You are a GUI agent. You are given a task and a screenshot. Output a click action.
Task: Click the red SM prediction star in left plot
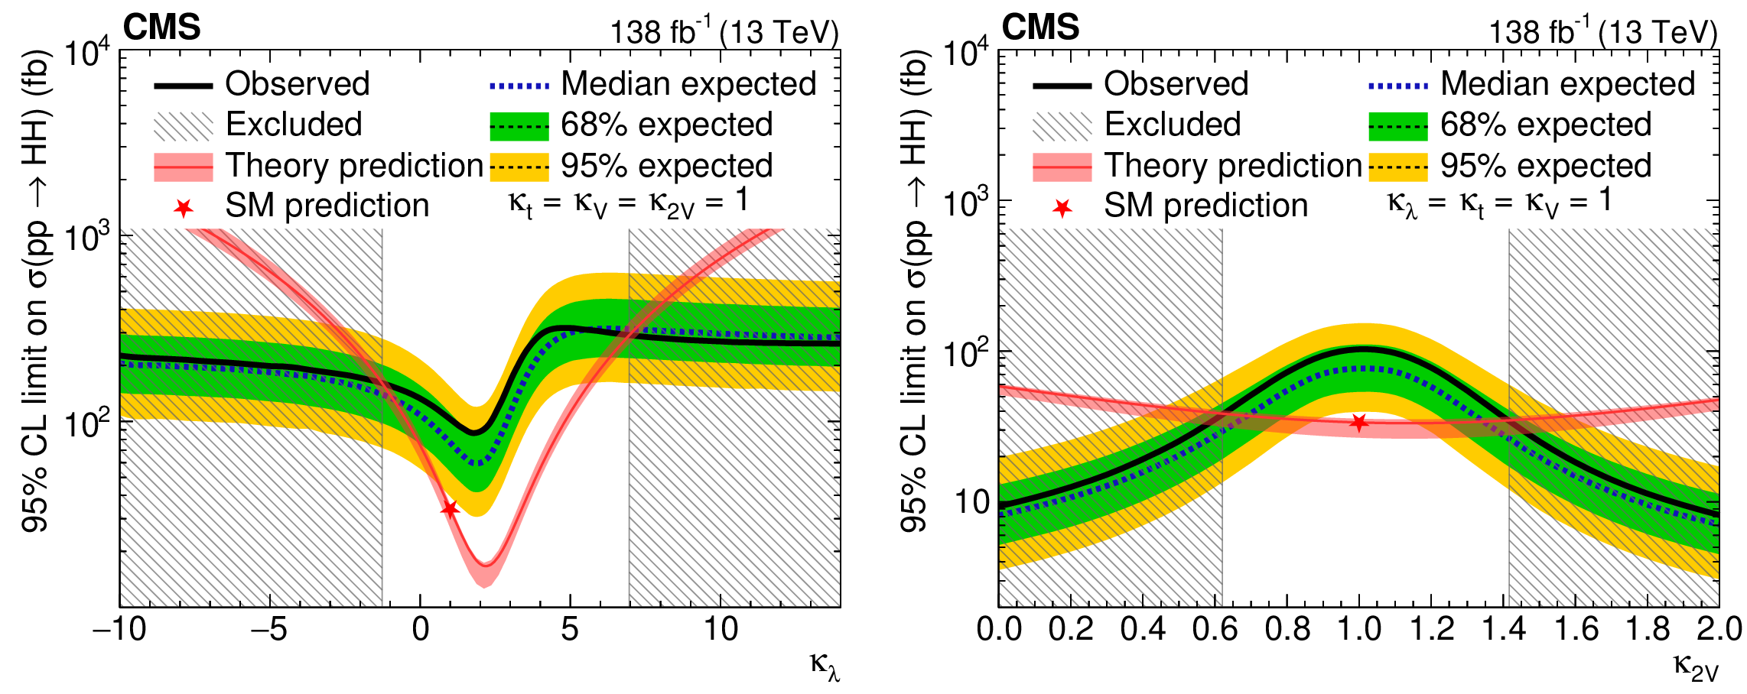point(450,509)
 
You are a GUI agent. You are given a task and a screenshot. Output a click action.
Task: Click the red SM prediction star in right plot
point(1358,422)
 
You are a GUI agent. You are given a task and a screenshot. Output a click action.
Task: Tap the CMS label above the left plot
point(162,28)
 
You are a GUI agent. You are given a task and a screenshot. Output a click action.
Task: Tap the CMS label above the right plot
point(1040,28)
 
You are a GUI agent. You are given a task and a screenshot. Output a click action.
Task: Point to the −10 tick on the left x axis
point(119,630)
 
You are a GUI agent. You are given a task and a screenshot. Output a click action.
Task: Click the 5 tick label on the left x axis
point(570,630)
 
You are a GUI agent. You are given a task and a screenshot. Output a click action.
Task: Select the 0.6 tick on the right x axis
point(1215,630)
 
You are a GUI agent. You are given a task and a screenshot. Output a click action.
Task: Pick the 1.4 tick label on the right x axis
point(1503,630)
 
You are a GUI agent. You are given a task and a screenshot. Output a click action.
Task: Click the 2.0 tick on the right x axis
point(1719,630)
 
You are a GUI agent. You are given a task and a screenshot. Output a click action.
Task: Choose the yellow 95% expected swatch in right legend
point(1398,167)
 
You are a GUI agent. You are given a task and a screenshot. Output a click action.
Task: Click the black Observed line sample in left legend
point(184,86)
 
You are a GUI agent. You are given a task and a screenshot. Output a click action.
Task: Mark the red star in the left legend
point(184,208)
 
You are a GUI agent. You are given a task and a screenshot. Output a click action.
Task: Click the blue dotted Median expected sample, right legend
point(1398,86)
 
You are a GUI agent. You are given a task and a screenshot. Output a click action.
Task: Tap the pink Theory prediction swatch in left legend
point(184,167)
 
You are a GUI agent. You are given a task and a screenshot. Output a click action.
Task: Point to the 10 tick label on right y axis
point(971,503)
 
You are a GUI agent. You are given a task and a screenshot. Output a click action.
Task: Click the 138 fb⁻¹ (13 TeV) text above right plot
point(1602,33)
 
